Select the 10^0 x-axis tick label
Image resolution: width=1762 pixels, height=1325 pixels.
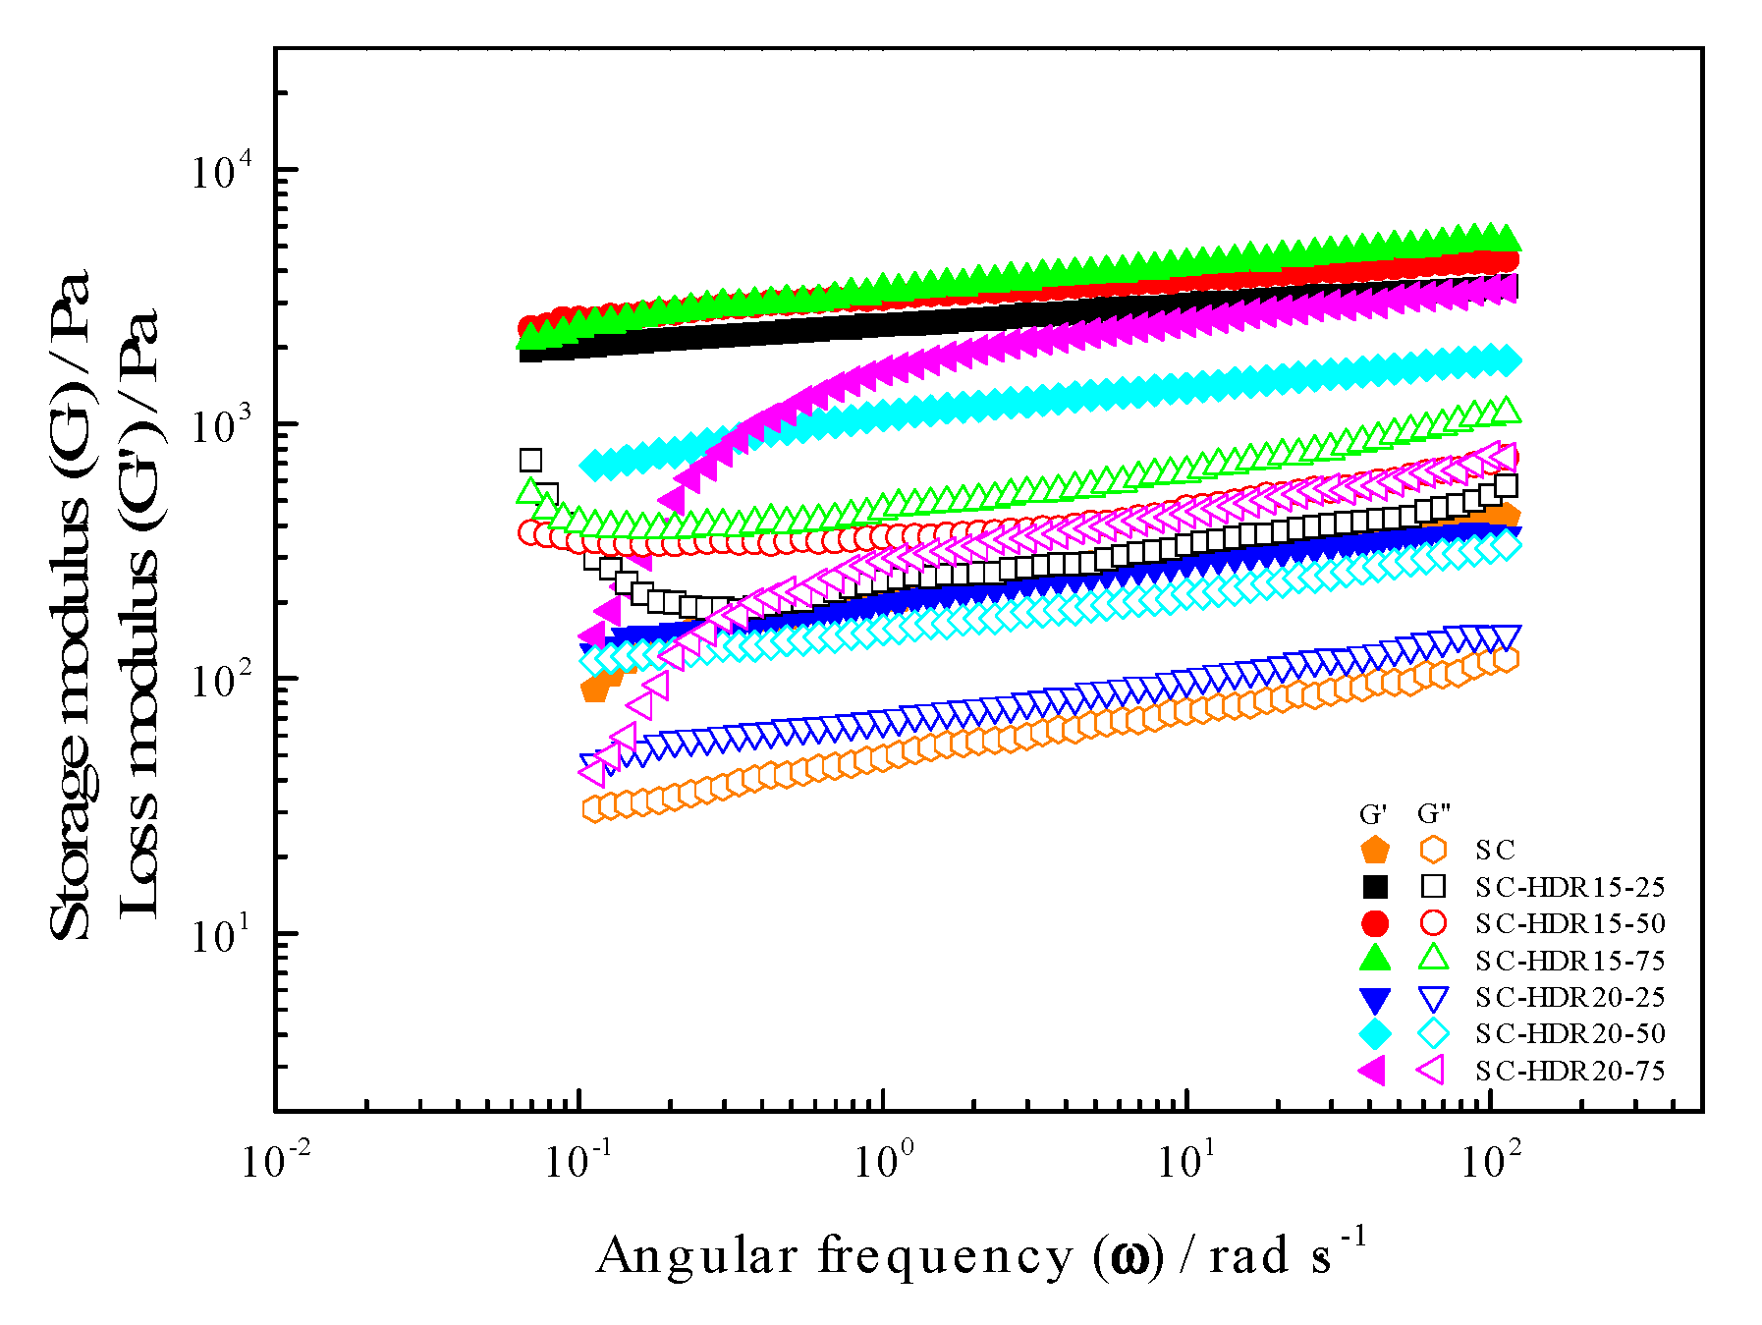tap(884, 1161)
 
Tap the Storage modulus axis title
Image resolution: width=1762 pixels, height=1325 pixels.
tap(71, 604)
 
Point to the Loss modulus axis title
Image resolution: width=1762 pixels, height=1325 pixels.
tap(138, 614)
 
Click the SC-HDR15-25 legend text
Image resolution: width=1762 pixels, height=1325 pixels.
tap(1569, 887)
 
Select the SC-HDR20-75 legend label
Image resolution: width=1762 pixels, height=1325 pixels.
tap(1569, 1071)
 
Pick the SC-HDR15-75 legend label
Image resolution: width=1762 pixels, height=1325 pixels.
tap(1569, 961)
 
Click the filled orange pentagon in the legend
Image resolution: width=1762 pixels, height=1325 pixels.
tap(1375, 851)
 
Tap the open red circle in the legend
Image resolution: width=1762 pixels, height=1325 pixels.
tap(1434, 923)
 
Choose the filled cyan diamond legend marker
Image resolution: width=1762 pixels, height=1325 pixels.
tap(1375, 1033)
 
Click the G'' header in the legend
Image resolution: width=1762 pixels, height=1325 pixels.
tap(1434, 814)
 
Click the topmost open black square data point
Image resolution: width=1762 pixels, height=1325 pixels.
tap(530, 460)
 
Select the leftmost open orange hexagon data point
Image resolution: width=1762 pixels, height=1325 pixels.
tap(593, 809)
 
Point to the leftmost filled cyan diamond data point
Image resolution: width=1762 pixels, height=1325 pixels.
tap(593, 465)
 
